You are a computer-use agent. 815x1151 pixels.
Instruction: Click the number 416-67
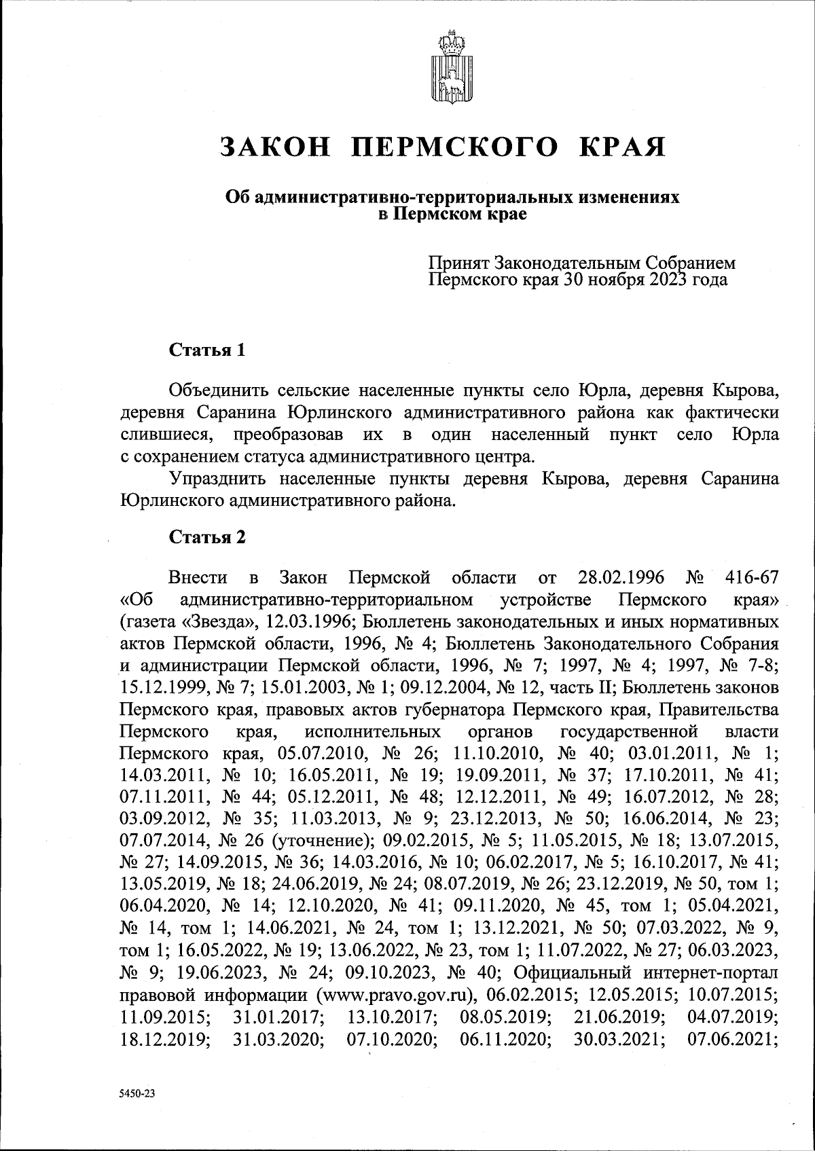pyautogui.click(x=744, y=578)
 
